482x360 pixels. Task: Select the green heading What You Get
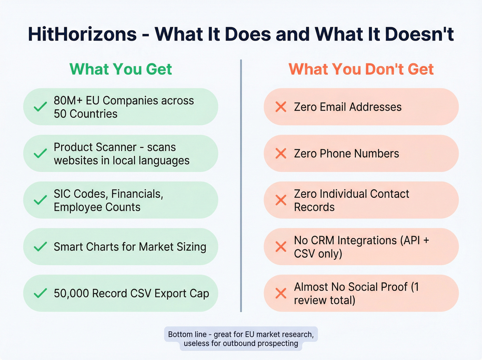tap(120, 69)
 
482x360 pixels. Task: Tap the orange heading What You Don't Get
tap(361, 69)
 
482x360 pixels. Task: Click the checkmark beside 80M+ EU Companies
tap(40, 107)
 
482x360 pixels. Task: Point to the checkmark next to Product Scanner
tap(40, 153)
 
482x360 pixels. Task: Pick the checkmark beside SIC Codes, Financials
tap(40, 200)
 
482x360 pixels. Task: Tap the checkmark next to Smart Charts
tap(40, 247)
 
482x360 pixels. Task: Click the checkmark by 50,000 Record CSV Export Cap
tap(40, 293)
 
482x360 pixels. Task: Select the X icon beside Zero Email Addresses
tap(281, 107)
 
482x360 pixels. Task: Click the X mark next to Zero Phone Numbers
tap(281, 153)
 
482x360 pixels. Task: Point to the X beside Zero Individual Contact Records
tap(281, 200)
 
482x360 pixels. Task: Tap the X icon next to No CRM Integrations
tap(281, 247)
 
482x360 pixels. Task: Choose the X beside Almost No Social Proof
tap(281, 293)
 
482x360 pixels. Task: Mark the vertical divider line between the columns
tap(241, 186)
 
